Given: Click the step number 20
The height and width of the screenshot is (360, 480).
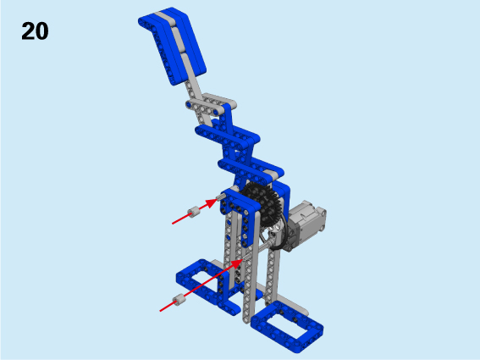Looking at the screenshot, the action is pos(35,31).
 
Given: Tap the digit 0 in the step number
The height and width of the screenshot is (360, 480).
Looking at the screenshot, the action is pos(42,31).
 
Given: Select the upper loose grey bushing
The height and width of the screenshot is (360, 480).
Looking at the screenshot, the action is pos(194,212).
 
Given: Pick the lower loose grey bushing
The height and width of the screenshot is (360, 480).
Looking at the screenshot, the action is pos(179,299).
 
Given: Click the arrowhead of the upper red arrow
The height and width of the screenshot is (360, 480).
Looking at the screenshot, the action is pos(212,203).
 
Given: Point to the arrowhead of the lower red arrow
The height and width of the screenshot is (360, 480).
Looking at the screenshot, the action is pos(237,263).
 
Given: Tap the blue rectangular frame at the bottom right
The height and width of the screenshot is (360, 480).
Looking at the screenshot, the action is pos(287,327).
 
